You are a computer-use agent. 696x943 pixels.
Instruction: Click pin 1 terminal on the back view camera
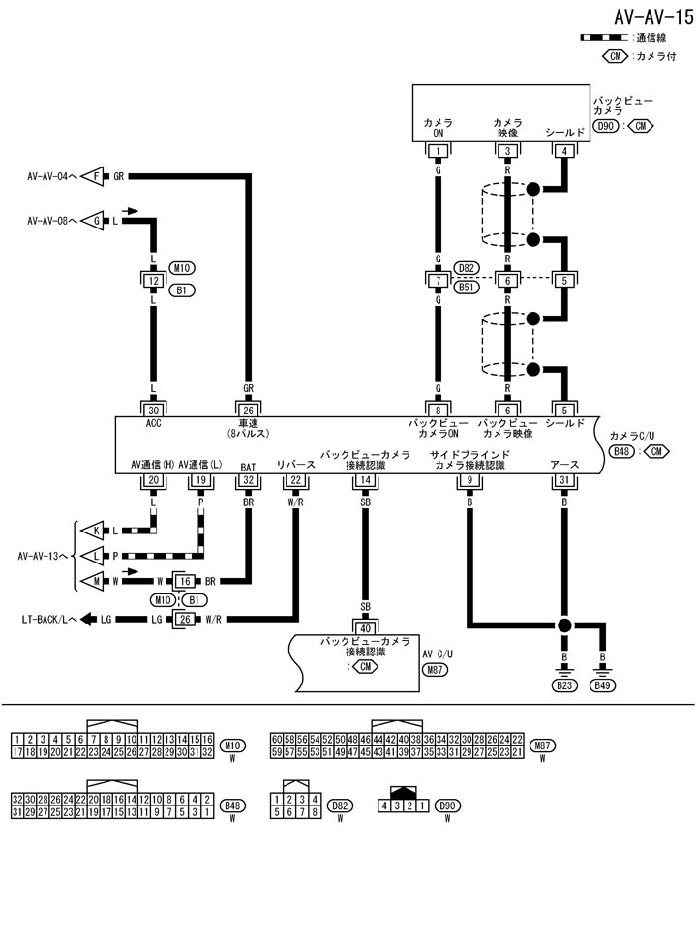click(x=439, y=151)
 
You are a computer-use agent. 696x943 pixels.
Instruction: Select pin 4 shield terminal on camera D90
click(x=564, y=151)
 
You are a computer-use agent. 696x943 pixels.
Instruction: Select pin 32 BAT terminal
click(x=249, y=478)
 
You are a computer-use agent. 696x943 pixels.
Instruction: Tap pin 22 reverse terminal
click(x=296, y=478)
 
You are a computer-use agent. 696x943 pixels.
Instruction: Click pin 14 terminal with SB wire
click(x=364, y=478)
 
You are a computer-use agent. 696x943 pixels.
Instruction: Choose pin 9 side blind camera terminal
click(x=469, y=478)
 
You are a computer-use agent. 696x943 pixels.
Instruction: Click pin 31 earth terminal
click(x=564, y=478)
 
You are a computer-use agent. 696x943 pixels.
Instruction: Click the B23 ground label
click(x=562, y=685)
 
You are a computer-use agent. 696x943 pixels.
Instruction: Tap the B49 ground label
click(x=604, y=685)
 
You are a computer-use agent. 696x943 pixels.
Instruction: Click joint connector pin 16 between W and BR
click(x=184, y=582)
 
